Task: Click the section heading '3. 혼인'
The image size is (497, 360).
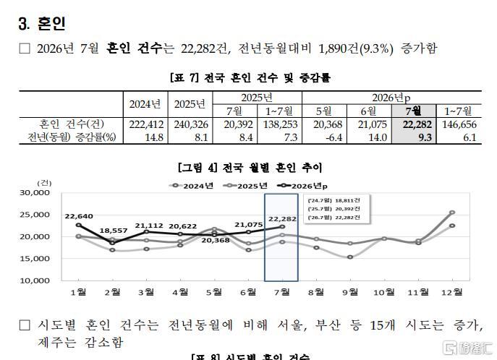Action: point(42,23)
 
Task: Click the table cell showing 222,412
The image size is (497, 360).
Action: point(146,124)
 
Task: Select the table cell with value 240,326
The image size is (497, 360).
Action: point(191,124)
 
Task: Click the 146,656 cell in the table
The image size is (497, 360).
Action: point(459,124)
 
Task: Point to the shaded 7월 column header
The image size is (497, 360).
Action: point(414,111)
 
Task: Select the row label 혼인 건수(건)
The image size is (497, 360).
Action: point(72,124)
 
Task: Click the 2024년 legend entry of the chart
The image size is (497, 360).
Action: point(192,186)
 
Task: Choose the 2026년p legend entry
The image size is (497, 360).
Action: point(302,186)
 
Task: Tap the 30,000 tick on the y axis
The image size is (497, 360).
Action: point(35,192)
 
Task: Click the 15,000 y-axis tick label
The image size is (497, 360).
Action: point(35,258)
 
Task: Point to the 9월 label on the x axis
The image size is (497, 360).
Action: point(350,292)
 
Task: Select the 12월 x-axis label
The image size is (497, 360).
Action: point(452,292)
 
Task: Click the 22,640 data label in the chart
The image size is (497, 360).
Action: point(79,216)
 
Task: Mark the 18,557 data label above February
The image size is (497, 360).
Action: point(113,231)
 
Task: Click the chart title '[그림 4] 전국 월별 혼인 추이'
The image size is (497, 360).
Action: point(250,168)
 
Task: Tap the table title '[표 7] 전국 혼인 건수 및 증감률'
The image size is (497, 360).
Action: point(250,77)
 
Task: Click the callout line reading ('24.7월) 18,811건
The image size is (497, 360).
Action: point(334,200)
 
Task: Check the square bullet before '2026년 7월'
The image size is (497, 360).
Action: point(25,48)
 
